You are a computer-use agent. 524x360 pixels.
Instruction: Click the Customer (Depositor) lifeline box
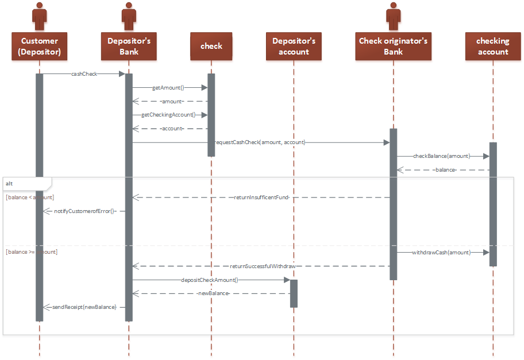(39, 47)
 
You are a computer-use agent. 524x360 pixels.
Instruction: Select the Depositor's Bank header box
(129, 47)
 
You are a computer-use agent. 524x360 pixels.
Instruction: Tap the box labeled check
(211, 47)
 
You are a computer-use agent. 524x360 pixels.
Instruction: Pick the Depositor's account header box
(294, 47)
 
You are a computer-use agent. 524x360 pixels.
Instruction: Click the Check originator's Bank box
(393, 47)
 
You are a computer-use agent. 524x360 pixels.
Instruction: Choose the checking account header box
(492, 47)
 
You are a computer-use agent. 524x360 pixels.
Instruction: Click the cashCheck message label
(84, 73)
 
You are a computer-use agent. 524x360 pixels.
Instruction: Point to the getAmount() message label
(168, 88)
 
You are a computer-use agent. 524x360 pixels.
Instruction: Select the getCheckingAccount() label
(168, 115)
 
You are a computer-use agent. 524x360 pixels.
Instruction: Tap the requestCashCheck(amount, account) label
(260, 142)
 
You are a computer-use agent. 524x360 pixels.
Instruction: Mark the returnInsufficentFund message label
(261, 198)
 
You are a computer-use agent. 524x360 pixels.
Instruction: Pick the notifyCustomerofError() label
(84, 211)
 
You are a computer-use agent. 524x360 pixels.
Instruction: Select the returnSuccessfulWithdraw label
(263, 266)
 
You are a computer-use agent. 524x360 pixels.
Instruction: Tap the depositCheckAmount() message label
(209, 280)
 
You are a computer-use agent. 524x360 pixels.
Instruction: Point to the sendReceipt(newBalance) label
(84, 308)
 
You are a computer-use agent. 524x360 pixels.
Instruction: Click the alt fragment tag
(9, 184)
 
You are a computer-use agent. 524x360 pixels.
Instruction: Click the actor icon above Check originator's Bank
(393, 16)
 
